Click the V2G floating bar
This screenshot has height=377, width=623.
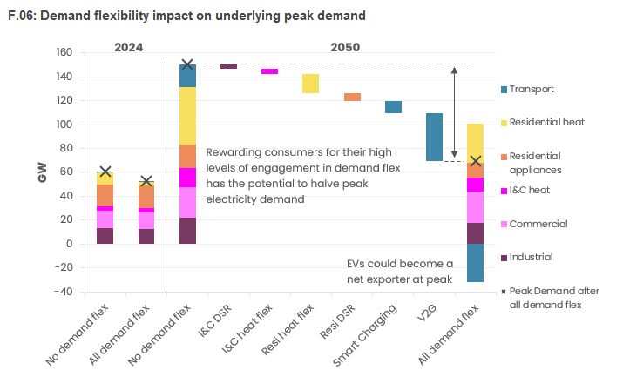tap(434, 137)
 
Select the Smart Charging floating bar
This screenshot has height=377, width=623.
tap(393, 107)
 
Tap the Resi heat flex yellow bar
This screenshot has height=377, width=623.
tap(310, 84)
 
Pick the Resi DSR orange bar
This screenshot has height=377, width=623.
tap(352, 97)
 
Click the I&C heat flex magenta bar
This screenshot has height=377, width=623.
tap(270, 71)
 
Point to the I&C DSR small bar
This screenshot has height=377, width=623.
tap(228, 66)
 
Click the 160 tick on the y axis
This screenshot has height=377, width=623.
tap(64, 52)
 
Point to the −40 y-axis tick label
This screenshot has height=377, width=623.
tap(63, 292)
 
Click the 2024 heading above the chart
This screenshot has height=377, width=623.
tap(128, 47)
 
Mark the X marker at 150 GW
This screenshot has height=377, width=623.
tap(187, 64)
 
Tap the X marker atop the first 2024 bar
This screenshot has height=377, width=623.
tap(105, 172)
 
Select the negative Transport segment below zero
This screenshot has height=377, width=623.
tap(475, 262)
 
